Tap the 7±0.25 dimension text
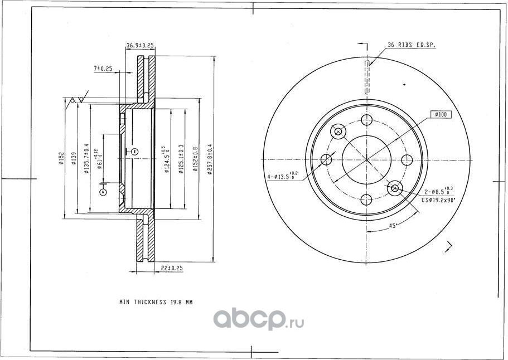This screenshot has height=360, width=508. pos(103,69)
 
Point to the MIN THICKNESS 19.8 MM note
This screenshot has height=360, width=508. pos(156,302)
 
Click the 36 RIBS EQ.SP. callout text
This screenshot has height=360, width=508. pos(412,46)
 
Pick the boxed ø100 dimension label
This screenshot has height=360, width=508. pos(441,115)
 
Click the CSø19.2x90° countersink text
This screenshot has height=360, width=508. pos(438,199)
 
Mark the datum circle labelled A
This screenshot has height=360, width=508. pos(103,192)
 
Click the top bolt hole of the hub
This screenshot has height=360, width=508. pos(366,120)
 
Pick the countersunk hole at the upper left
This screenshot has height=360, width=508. pos(338,132)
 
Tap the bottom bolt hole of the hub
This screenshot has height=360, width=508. pos(366,199)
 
